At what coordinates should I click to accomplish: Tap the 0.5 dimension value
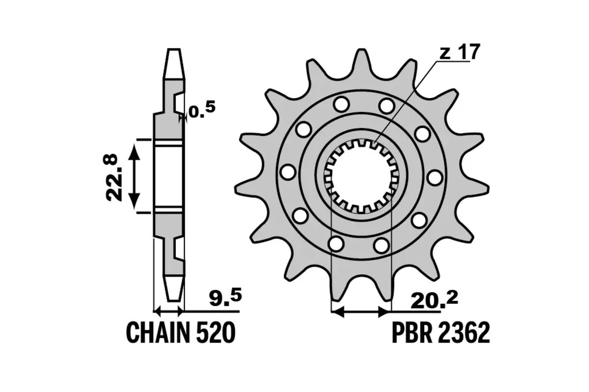[202, 111]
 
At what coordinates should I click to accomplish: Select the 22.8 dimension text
[112, 177]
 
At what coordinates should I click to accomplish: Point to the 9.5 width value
[224, 297]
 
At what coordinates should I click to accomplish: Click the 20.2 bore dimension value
[434, 300]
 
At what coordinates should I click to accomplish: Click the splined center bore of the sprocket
[361, 176]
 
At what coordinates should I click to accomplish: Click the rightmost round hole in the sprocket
[434, 177]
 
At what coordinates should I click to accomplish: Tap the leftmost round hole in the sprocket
[288, 172]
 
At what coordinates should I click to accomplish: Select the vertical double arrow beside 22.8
[134, 176]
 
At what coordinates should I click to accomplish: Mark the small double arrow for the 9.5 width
[169, 311]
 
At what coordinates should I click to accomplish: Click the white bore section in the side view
[169, 176]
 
